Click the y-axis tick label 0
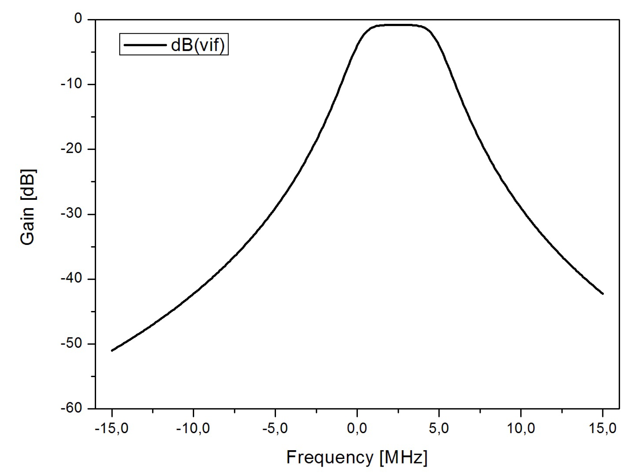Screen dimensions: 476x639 pyautogui.click(x=78, y=19)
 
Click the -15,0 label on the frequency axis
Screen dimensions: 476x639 pyautogui.click(x=112, y=429)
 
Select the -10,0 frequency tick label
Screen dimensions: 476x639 pyautogui.click(x=193, y=429)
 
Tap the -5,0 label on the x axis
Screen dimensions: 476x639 pyautogui.click(x=275, y=429)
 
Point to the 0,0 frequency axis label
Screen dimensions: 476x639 pyautogui.click(x=357, y=429)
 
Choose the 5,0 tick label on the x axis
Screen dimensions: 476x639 pyautogui.click(x=439, y=429)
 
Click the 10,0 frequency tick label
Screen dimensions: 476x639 pyautogui.click(x=521, y=429)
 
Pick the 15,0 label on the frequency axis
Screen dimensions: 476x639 pyautogui.click(x=602, y=429)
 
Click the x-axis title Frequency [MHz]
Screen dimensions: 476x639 pyautogui.click(x=357, y=458)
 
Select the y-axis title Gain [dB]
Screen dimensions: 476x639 pyautogui.click(x=28, y=207)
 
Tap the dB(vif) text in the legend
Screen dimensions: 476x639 pyautogui.click(x=198, y=45)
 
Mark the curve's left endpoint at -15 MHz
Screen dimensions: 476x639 pyautogui.click(x=112, y=350)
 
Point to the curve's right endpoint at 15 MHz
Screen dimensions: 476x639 pyautogui.click(x=603, y=294)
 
